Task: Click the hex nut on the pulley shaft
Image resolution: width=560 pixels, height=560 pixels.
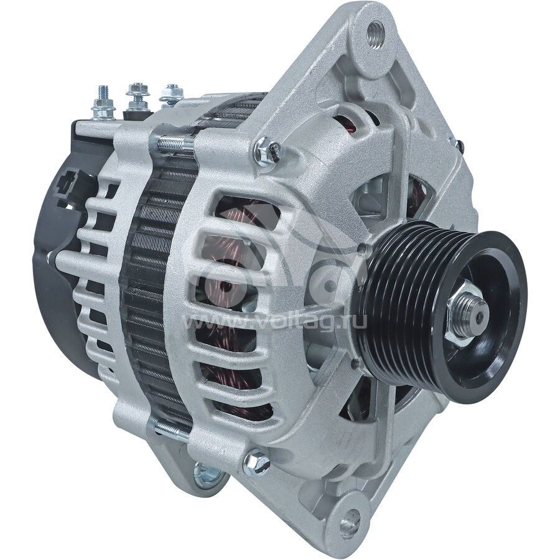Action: [x=464, y=314]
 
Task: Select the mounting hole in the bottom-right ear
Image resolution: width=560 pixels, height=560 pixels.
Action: [x=350, y=525]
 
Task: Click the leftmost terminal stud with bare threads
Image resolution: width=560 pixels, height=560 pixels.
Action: [x=104, y=103]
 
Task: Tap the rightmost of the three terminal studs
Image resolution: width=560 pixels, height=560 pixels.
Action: [x=172, y=95]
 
